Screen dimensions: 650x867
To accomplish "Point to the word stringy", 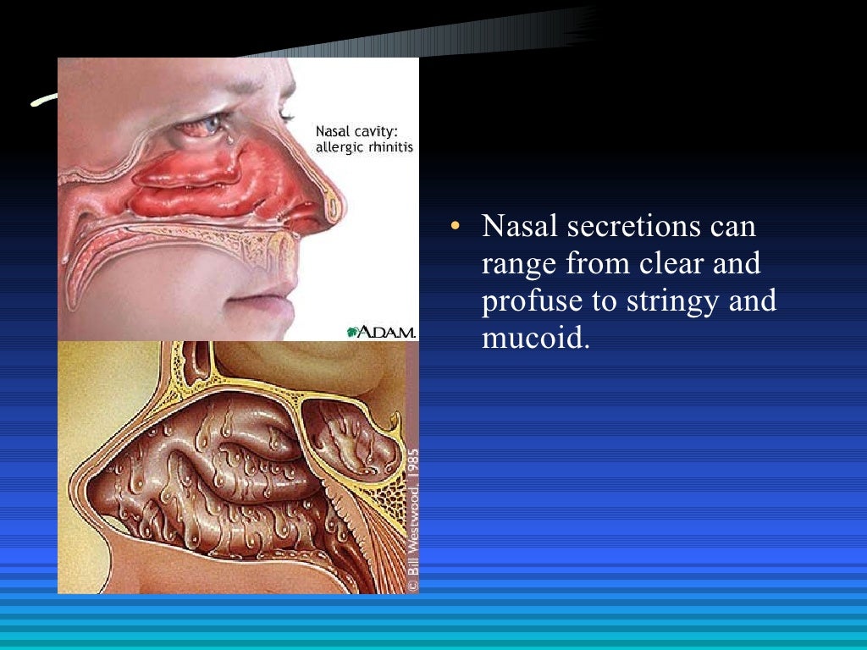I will click(665, 301).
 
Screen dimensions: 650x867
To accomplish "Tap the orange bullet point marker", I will click(456, 227).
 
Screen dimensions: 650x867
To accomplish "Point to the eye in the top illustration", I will click(202, 127).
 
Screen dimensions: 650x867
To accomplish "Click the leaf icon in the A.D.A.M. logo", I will click(353, 332).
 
